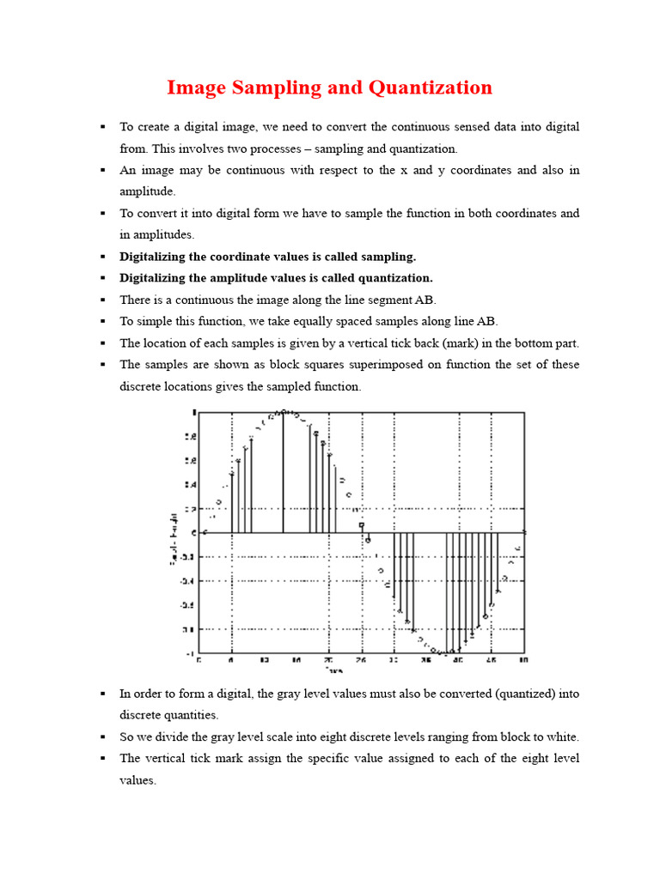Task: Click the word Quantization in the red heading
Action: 431,88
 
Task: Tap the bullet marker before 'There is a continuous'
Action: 102,300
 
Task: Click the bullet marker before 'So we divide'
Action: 102,737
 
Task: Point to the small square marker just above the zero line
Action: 362,524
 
